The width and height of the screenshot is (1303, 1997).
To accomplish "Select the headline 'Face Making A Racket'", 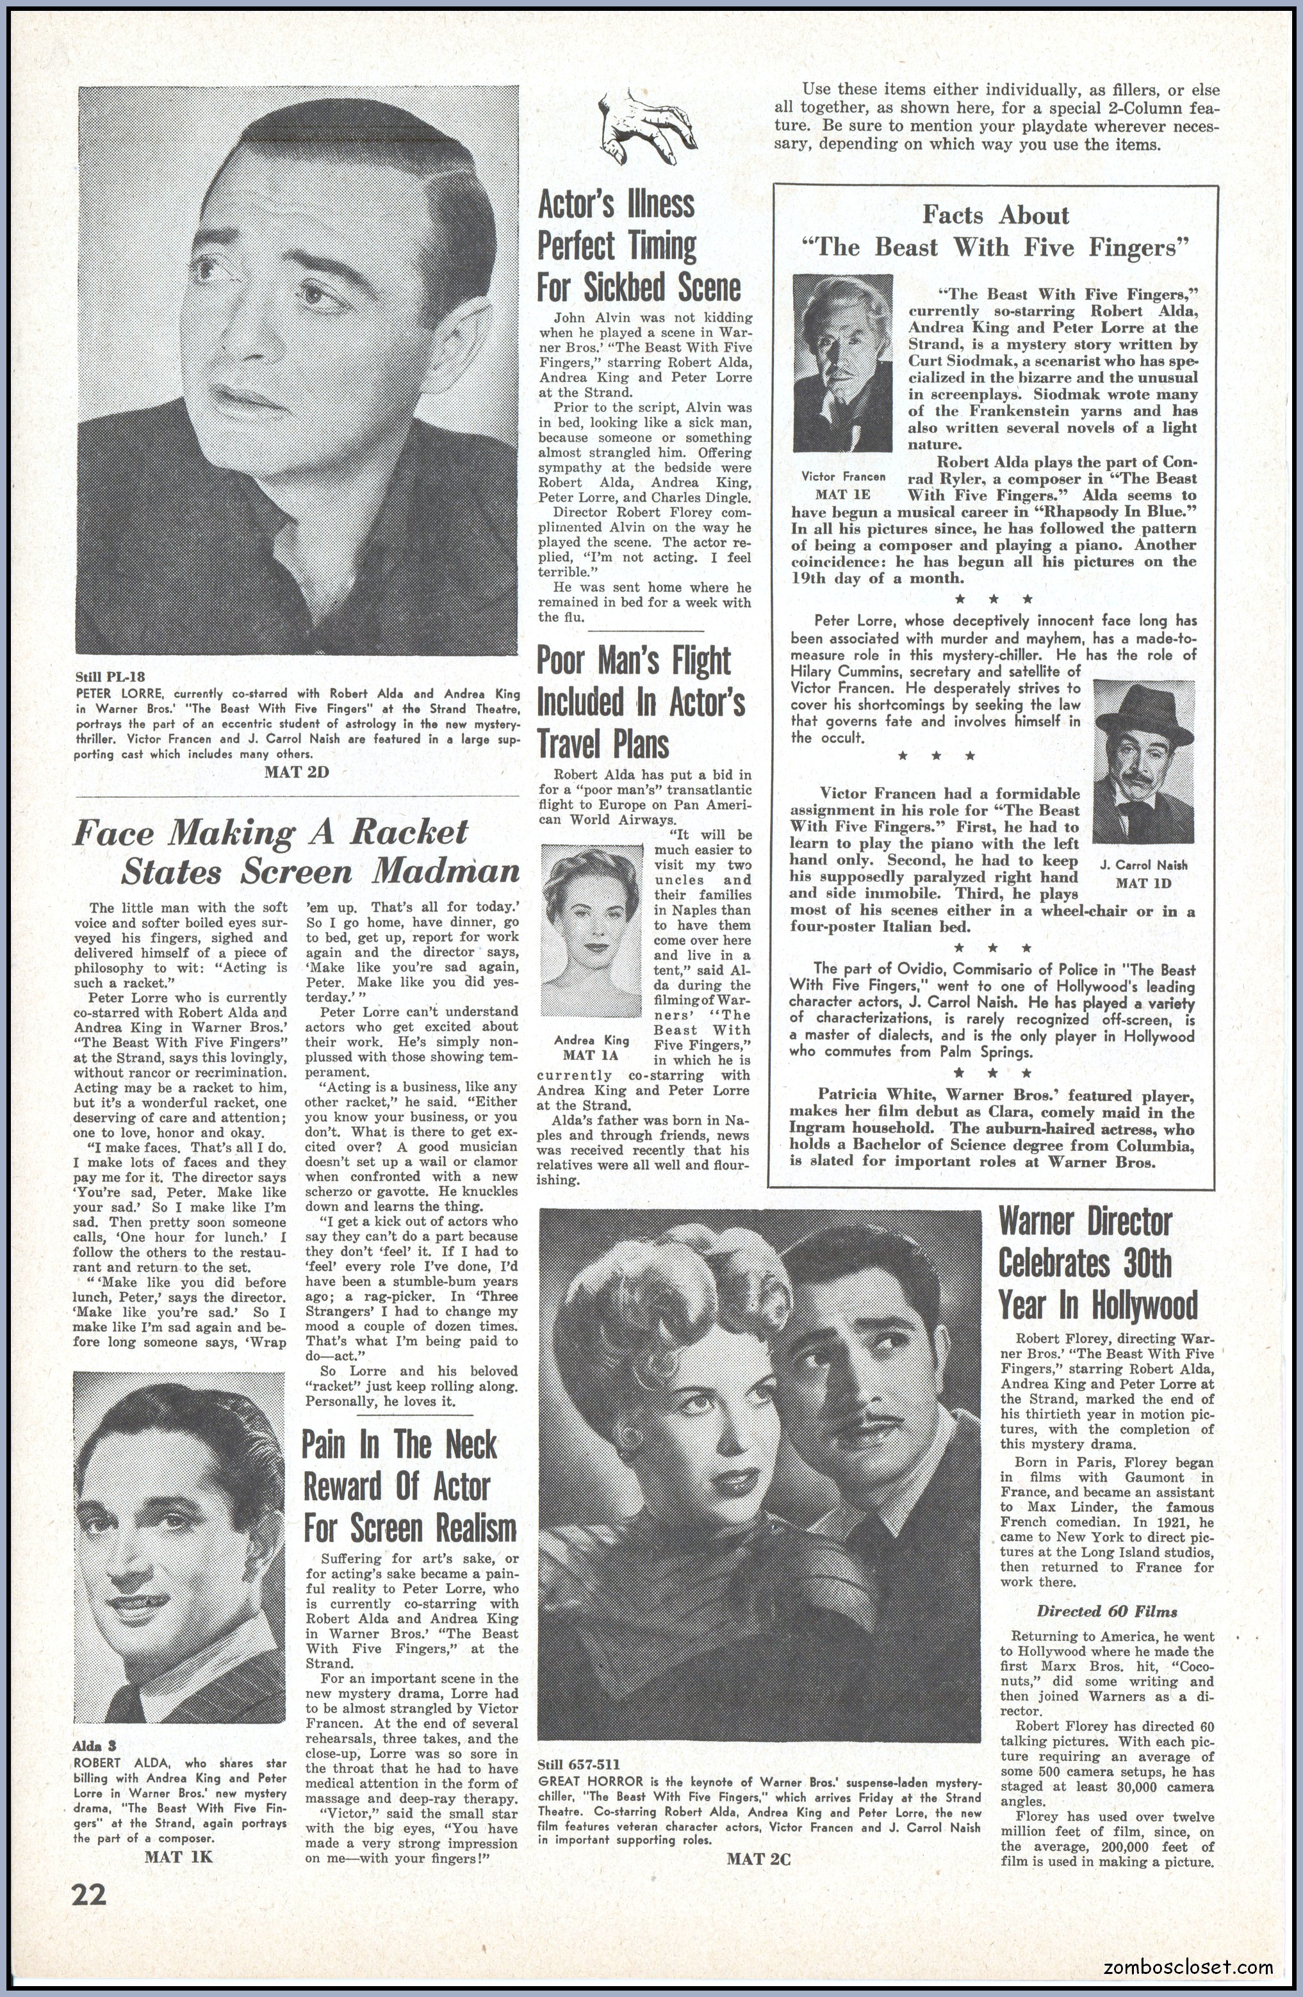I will pyautogui.click(x=270, y=833).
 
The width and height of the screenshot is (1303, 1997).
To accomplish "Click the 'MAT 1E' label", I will pyautogui.click(x=842, y=495).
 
